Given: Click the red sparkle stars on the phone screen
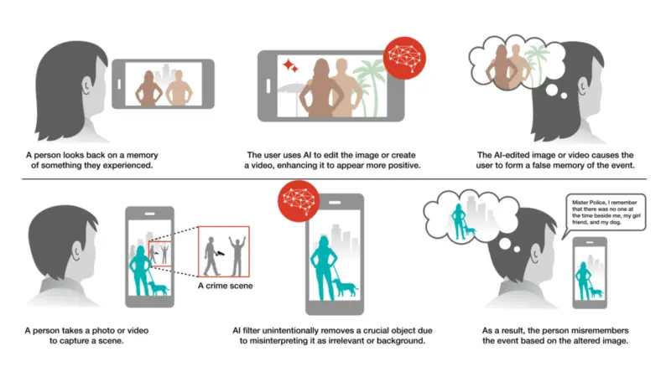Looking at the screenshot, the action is click(x=290, y=65).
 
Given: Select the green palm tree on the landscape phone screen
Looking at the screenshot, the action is click(x=369, y=85).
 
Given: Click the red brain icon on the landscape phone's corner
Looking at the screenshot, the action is click(x=404, y=58).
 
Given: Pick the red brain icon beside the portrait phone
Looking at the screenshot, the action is click(x=299, y=200).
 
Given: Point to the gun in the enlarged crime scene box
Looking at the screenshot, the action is click(x=221, y=253).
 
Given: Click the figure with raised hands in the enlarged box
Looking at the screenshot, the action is click(x=237, y=256).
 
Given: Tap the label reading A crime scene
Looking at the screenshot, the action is click(x=225, y=286).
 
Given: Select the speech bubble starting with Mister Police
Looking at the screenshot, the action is click(x=605, y=213).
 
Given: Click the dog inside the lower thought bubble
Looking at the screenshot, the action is click(x=471, y=231).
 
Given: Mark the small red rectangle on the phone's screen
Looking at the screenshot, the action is click(x=159, y=254).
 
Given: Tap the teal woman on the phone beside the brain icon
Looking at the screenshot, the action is click(x=323, y=268).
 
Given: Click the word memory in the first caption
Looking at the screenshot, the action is click(x=143, y=155).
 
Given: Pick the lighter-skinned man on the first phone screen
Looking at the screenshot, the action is click(x=179, y=88).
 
